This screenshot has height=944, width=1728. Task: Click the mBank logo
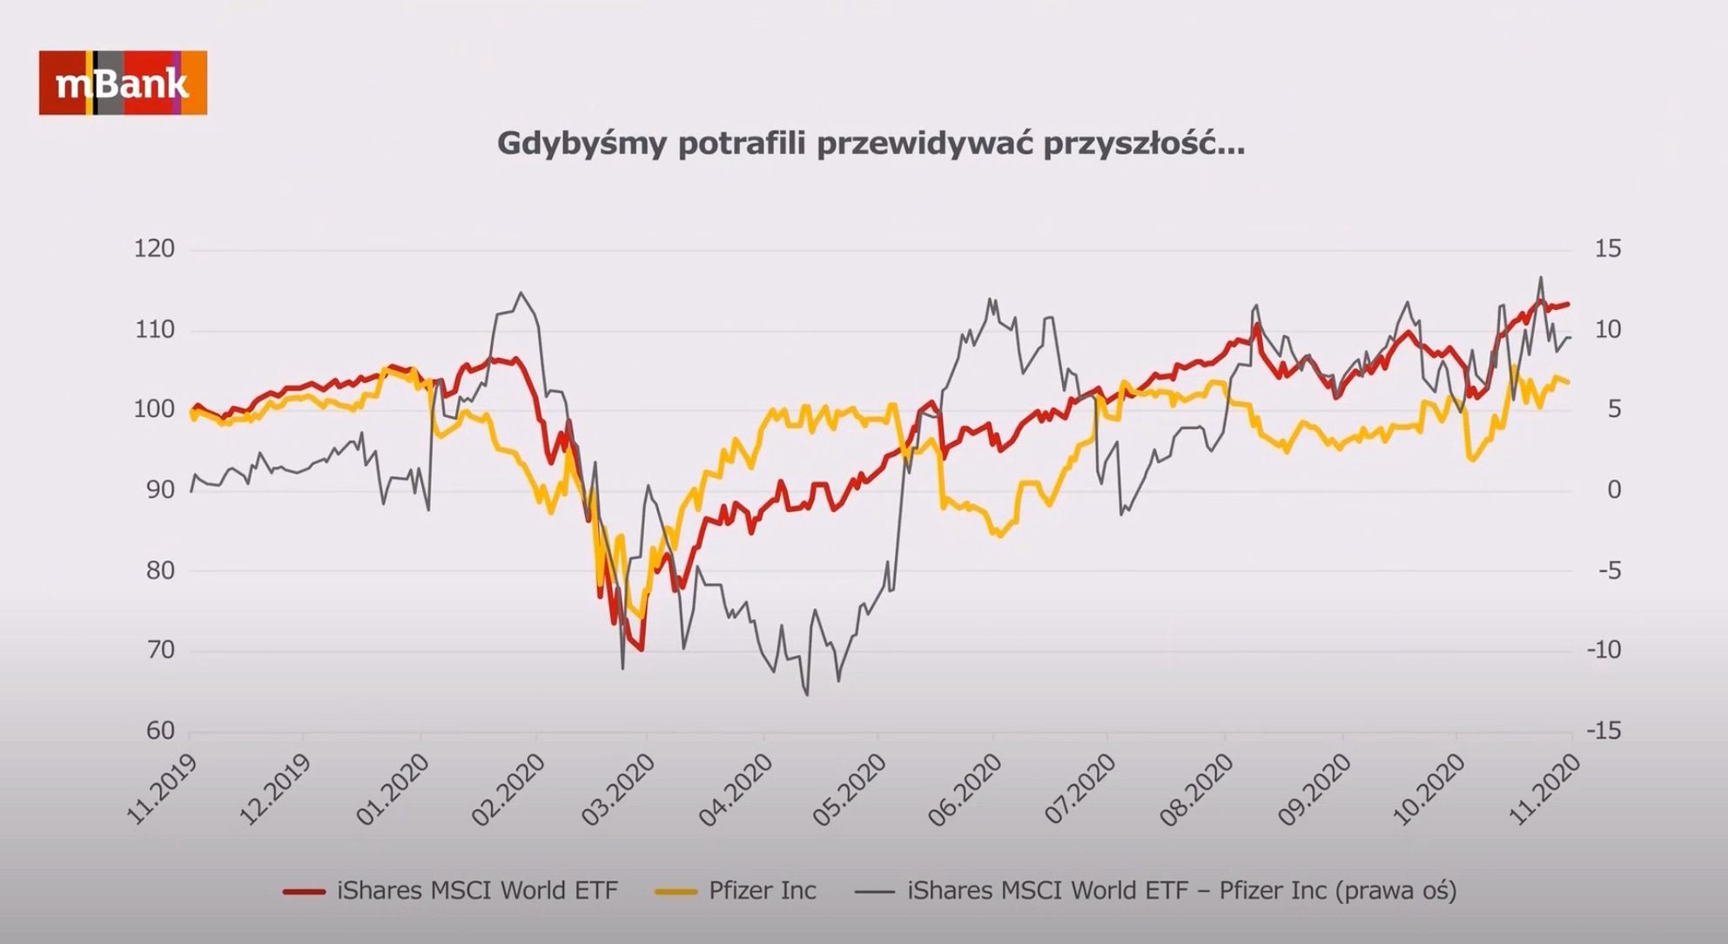pyautogui.click(x=123, y=84)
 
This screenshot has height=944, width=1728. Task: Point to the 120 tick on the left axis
pyautogui.click(x=154, y=249)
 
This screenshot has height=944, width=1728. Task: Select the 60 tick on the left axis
pyautogui.click(x=159, y=731)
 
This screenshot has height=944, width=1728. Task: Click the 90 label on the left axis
pyautogui.click(x=159, y=490)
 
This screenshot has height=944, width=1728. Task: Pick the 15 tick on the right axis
pyautogui.click(x=1608, y=249)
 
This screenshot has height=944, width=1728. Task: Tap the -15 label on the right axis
pyautogui.click(x=1604, y=731)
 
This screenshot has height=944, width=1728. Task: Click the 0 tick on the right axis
pyautogui.click(x=1614, y=490)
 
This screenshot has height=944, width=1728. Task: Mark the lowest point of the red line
pyautogui.click(x=642, y=650)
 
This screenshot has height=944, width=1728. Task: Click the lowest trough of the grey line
pyautogui.click(x=807, y=695)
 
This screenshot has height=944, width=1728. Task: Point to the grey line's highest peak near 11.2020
pyautogui.click(x=1541, y=278)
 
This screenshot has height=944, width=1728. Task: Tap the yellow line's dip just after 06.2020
pyautogui.click(x=999, y=535)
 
